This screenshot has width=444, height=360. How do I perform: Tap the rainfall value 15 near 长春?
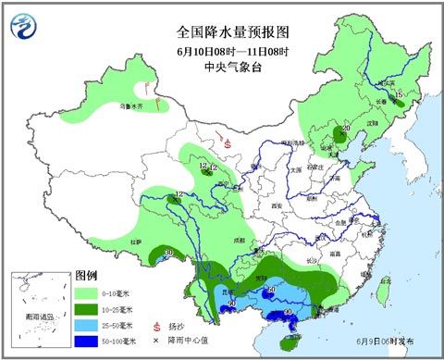point(398,95)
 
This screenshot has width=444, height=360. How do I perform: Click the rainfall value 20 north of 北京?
point(346,129)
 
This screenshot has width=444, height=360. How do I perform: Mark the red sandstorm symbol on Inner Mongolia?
point(228,144)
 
